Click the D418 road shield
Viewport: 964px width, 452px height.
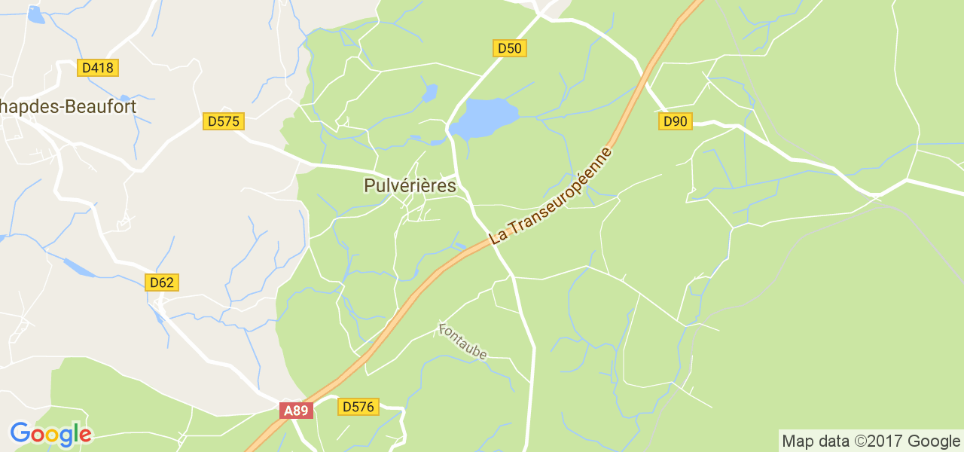click(x=98, y=68)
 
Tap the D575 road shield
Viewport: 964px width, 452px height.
click(x=224, y=121)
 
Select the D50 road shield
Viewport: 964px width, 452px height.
click(x=510, y=48)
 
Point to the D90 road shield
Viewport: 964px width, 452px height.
click(x=676, y=121)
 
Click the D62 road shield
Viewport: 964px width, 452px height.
click(x=161, y=282)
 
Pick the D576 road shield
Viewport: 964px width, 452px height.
click(x=358, y=407)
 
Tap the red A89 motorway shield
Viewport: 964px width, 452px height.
click(x=296, y=411)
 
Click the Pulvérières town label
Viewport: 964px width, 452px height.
click(x=410, y=185)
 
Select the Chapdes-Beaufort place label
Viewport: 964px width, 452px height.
click(x=68, y=107)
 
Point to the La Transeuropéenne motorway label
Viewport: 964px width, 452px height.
click(x=551, y=195)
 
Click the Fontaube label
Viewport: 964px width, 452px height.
click(x=463, y=341)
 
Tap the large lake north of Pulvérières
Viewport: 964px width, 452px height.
click(x=487, y=117)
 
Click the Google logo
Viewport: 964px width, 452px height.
click(x=50, y=434)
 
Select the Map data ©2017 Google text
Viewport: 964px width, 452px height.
click(x=870, y=441)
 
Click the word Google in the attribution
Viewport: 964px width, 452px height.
click(x=933, y=441)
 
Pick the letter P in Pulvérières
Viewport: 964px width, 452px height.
click(x=369, y=185)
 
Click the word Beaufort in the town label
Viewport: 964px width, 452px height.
click(x=101, y=107)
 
